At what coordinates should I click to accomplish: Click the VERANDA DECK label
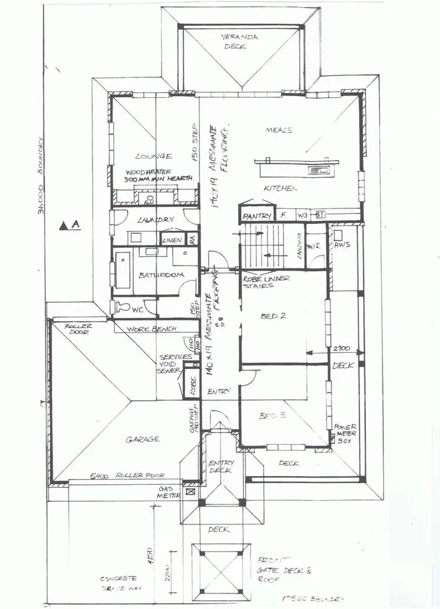[235, 41]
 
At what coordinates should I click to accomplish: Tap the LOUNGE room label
[153, 156]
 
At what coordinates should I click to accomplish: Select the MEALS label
[279, 130]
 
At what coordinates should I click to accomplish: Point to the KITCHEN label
[280, 189]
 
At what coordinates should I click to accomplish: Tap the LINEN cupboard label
[171, 240]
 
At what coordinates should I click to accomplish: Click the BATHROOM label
[161, 275]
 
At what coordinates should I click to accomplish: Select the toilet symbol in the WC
[123, 306]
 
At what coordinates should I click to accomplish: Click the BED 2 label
[272, 316]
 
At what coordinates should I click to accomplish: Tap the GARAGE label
[143, 439]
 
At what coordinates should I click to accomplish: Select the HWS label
[342, 244]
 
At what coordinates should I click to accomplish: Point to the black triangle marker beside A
[63, 224]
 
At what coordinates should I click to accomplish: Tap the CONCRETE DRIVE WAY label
[118, 583]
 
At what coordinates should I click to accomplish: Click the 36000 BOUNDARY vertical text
[41, 175]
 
